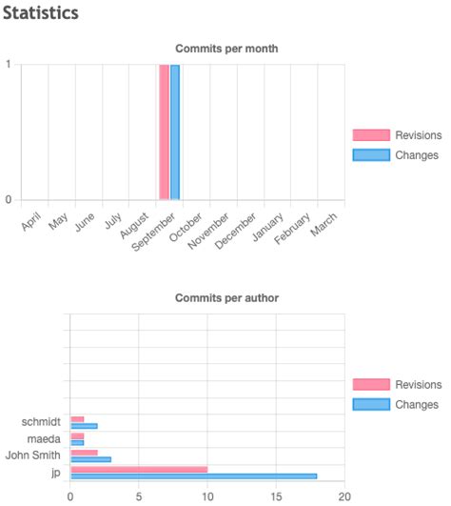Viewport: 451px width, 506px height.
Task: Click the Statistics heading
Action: [x=41, y=14]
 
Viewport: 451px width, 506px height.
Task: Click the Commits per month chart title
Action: [x=226, y=49]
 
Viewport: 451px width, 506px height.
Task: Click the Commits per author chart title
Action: [x=226, y=298]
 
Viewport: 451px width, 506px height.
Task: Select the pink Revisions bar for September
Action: [x=164, y=132]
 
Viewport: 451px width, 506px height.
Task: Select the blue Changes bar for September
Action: [x=175, y=132]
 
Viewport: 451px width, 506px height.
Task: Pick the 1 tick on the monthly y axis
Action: [x=9, y=65]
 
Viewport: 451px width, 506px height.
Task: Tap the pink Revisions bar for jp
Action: [x=139, y=469]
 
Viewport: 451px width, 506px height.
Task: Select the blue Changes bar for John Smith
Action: [x=90, y=459]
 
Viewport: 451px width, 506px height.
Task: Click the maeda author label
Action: [x=44, y=438]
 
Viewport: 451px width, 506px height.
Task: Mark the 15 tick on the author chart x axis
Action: [x=276, y=496]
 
